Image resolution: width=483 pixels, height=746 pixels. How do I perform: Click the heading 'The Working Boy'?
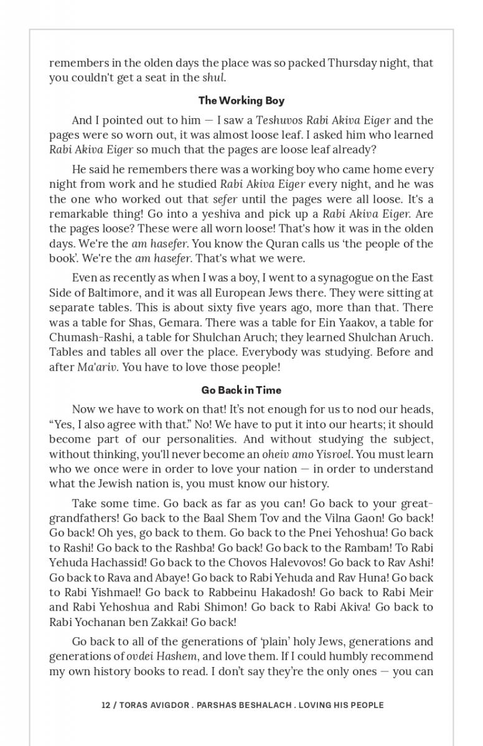click(241, 101)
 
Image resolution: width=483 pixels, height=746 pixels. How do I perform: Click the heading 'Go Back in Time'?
click(241, 390)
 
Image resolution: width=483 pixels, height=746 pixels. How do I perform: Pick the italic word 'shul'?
click(213, 78)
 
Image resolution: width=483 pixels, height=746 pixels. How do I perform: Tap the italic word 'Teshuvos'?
click(278, 120)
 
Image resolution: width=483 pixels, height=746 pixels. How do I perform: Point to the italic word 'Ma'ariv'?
click(96, 367)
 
